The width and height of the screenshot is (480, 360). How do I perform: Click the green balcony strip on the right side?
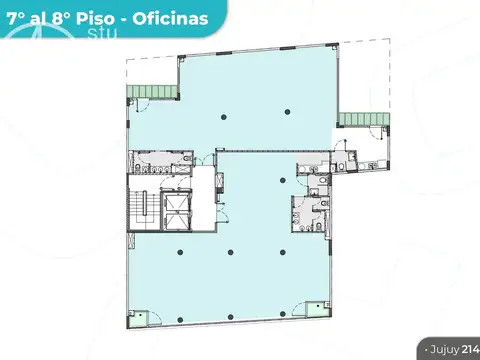(362, 119)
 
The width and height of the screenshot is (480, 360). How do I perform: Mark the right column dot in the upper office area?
(288, 110)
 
